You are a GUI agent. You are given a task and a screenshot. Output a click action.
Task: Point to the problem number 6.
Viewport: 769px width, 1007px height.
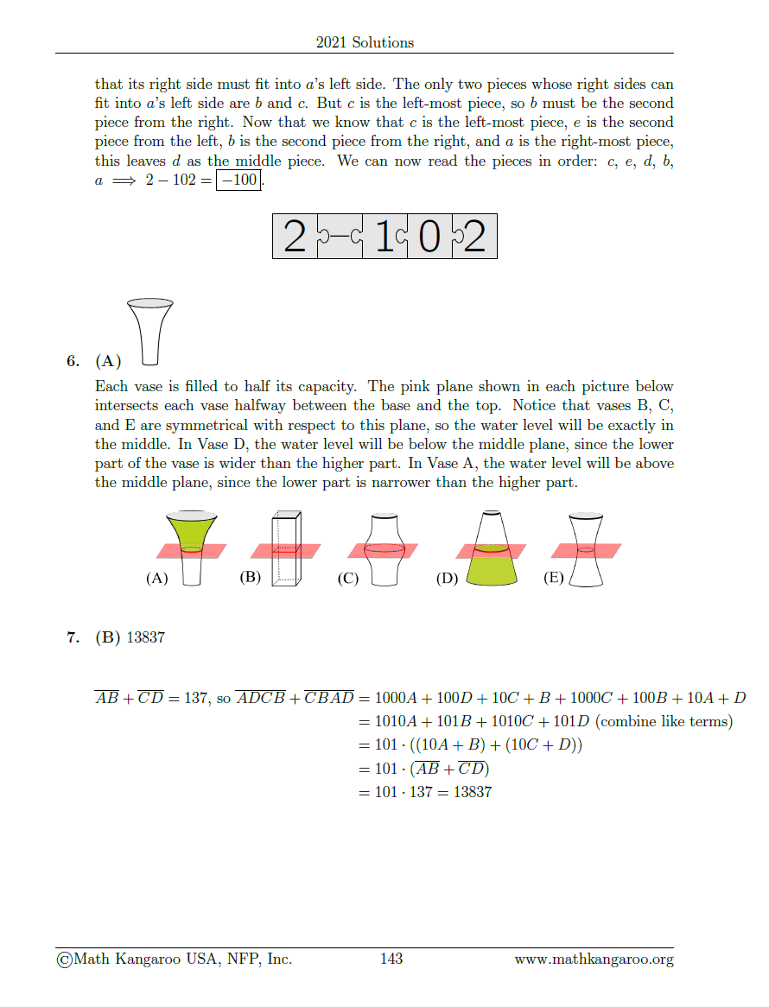tap(73, 361)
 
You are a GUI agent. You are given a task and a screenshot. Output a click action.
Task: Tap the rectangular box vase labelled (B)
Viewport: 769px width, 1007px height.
tap(287, 549)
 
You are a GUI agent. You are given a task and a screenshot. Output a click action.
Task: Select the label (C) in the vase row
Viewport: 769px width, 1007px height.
tap(347, 579)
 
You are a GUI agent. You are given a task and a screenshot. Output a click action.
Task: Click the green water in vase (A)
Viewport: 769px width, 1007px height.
tap(191, 529)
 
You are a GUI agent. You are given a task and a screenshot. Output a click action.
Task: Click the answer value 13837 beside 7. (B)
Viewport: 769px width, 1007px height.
tap(145, 637)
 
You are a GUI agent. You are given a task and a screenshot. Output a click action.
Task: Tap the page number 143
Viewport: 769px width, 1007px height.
tap(391, 959)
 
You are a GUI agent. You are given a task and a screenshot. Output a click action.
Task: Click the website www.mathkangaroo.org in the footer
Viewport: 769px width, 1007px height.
tap(594, 959)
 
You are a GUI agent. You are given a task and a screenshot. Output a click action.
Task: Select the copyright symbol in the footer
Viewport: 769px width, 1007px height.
tap(64, 959)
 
